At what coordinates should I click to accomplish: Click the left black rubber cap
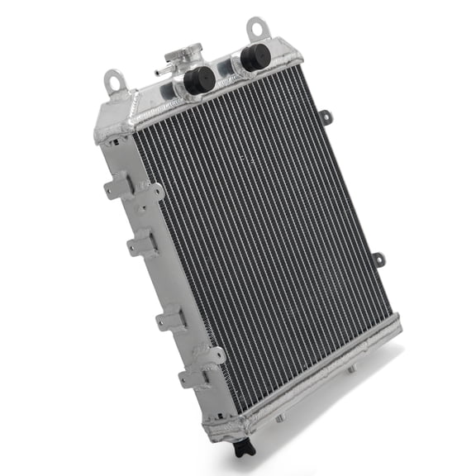199,79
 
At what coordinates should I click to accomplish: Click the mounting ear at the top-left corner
115,80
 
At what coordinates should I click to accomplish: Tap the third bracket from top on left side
168,318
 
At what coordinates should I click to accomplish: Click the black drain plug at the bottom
242,449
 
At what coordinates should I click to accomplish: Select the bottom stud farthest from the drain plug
350,369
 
